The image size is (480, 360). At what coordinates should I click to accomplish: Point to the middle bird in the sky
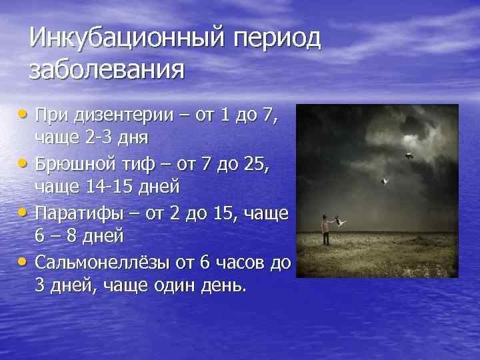click(x=383, y=180)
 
